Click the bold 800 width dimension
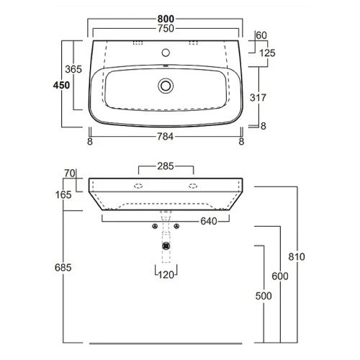(x=166, y=19)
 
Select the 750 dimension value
(x=166, y=29)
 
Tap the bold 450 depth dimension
(x=61, y=85)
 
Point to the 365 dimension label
(x=73, y=69)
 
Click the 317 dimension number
(x=258, y=98)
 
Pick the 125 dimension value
(x=267, y=53)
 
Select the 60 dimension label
(x=261, y=35)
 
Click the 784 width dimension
(x=166, y=137)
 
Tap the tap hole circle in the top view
(x=166, y=53)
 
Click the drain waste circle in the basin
(x=166, y=86)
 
